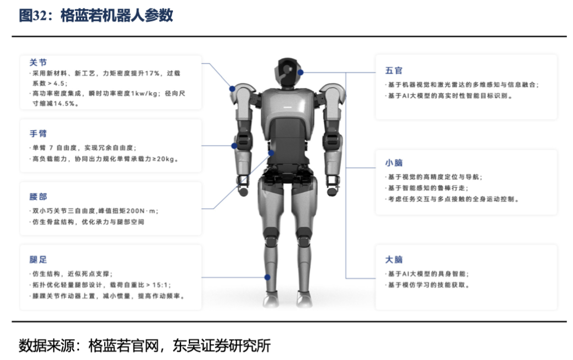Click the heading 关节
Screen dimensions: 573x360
click(x=38, y=63)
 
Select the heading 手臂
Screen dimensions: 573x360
click(x=38, y=133)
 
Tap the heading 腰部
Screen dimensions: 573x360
click(x=38, y=196)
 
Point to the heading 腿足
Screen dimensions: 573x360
click(x=38, y=259)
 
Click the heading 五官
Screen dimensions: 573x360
click(x=394, y=70)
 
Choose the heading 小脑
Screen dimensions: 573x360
click(x=394, y=163)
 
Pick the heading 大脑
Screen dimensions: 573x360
click(x=394, y=259)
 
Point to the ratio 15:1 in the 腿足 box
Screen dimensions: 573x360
click(x=159, y=285)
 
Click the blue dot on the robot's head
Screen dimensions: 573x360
click(x=301, y=72)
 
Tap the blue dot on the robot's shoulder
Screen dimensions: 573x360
click(x=232, y=88)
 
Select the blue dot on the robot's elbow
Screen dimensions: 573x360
click(x=234, y=146)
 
